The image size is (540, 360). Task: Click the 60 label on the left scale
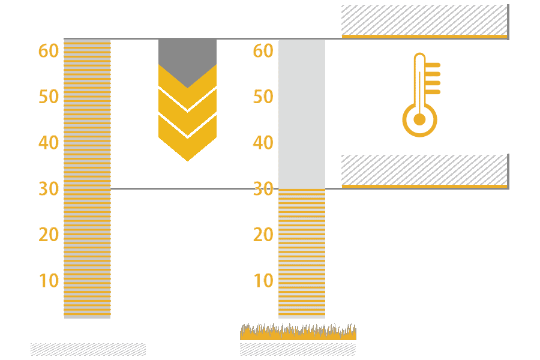49,51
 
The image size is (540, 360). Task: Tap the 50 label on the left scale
49,97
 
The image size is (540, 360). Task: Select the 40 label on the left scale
49,143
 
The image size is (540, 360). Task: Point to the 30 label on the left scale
49,188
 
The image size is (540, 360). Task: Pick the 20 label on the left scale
49,235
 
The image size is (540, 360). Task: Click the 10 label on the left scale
49,280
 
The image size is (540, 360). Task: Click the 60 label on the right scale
263,51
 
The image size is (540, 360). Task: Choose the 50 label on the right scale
263,97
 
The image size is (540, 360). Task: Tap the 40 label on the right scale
263,143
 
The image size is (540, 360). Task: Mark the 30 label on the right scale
263,188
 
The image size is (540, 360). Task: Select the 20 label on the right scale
263,235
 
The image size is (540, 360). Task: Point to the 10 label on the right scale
263,280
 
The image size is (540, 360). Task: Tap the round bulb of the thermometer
419,119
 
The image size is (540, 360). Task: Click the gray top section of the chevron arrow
187,57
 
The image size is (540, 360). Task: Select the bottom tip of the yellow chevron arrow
187,159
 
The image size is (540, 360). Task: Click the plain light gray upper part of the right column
302,114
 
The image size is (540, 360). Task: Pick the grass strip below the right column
298,332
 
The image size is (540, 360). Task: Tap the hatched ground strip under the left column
88,349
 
